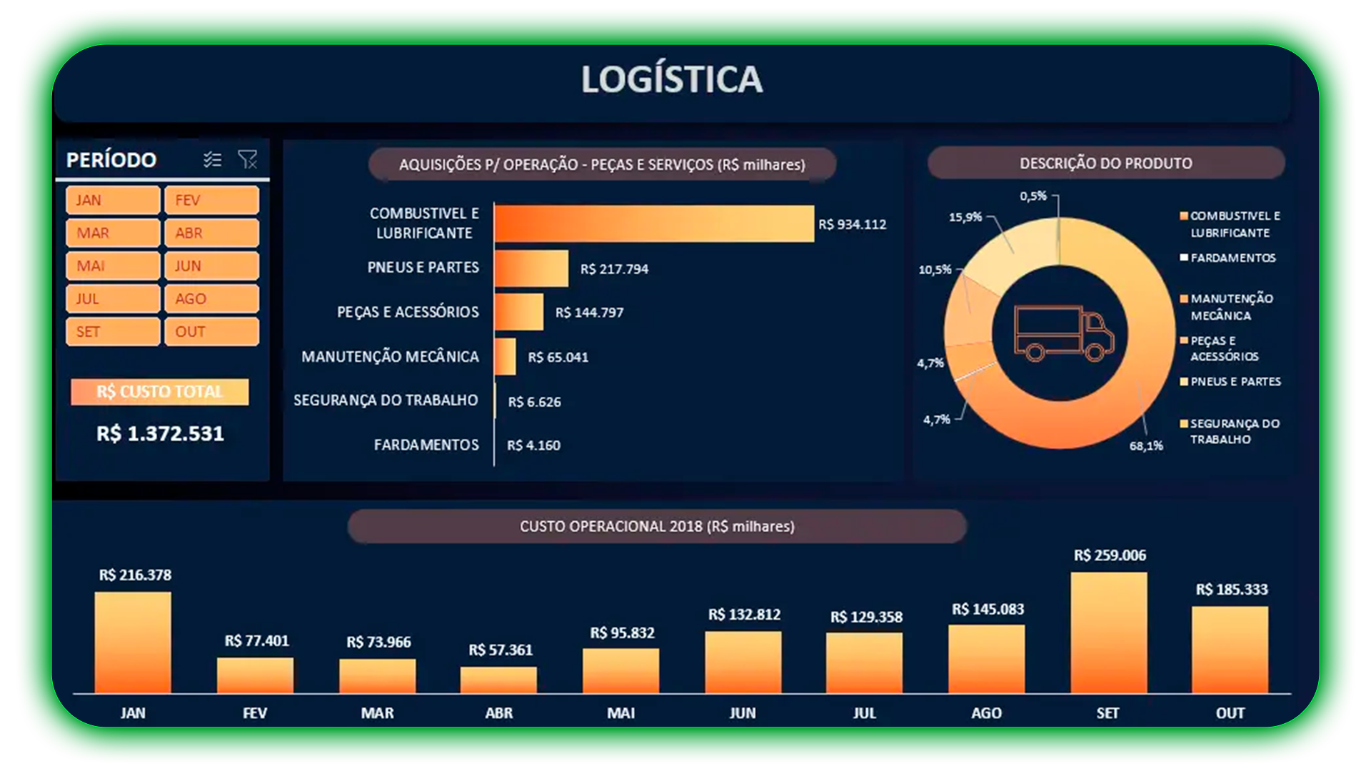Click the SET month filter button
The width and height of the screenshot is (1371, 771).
click(x=112, y=332)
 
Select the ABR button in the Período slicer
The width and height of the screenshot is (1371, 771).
click(x=211, y=233)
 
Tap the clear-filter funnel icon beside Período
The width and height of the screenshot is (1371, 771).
click(x=247, y=159)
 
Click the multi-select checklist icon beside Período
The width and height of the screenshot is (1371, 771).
click(x=212, y=159)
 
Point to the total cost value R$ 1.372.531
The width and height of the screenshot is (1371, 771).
click(x=160, y=433)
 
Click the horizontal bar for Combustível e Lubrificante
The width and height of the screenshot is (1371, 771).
click(x=653, y=223)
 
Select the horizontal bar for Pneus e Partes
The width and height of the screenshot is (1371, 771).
click(x=531, y=268)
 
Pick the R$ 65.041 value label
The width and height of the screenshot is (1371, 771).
click(x=558, y=357)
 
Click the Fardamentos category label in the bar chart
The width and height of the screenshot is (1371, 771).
click(x=426, y=445)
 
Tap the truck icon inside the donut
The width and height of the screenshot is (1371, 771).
click(x=1063, y=333)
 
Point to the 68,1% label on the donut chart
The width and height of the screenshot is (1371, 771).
click(x=1145, y=445)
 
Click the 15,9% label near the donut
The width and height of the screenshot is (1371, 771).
click(x=965, y=217)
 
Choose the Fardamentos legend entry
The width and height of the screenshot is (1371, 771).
click(x=1232, y=258)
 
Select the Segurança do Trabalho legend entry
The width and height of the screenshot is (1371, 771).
click(x=1233, y=431)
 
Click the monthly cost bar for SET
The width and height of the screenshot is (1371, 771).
click(x=1108, y=633)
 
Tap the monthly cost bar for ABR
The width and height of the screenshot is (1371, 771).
click(x=498, y=680)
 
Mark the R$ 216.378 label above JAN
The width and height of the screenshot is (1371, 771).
click(x=135, y=575)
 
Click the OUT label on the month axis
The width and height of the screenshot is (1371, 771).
click(x=1230, y=712)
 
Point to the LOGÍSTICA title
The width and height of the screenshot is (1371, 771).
click(x=671, y=79)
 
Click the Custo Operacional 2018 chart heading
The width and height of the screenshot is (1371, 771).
click(x=657, y=526)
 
